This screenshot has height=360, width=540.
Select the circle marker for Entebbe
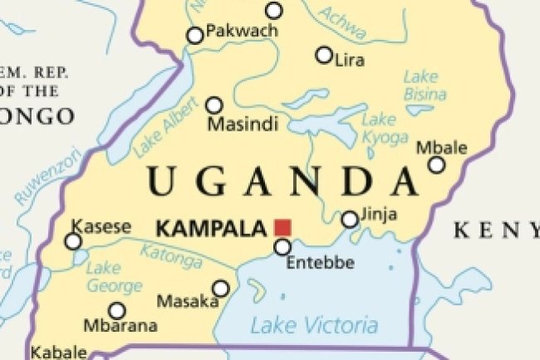point(282,247)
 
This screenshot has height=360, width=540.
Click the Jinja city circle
point(350,219)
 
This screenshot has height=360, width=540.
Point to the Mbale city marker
point(436,165)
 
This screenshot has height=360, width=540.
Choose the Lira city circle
point(324,55)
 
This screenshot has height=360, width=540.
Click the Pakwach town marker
point(194,35)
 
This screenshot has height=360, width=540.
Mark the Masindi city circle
point(214,105)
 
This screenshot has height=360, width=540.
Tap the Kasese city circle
point(73,241)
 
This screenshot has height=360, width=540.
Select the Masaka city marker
point(220,288)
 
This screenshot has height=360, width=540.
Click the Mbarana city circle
point(117,310)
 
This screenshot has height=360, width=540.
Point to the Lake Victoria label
point(314,325)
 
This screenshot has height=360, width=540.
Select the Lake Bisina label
point(425,86)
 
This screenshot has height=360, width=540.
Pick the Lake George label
point(114,278)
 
